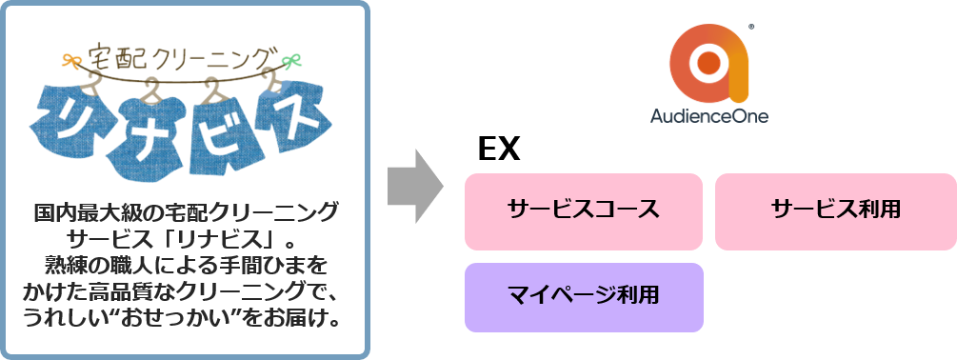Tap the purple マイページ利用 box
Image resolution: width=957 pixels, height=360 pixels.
[583, 296]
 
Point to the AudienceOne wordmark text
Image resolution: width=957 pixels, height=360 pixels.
[709, 116]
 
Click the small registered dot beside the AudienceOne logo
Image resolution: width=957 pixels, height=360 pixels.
[752, 27]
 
